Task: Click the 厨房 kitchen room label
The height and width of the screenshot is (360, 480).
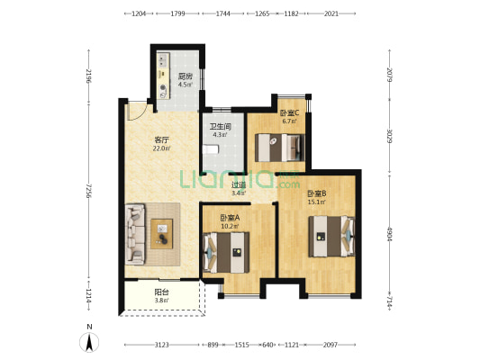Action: click(186, 76)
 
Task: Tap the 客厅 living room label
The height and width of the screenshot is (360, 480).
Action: click(161, 140)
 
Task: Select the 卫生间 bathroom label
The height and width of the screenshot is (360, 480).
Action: click(220, 126)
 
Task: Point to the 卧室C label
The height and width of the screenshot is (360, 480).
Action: click(289, 113)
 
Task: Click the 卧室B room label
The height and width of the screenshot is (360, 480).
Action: click(317, 193)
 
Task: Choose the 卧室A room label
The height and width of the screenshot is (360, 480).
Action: click(230, 218)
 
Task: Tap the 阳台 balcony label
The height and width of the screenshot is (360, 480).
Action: click(161, 292)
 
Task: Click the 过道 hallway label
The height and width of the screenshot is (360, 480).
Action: click(239, 185)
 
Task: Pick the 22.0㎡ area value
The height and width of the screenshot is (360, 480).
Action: click(161, 148)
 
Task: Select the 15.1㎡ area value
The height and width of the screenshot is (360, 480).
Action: click(317, 202)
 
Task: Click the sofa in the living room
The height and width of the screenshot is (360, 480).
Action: click(135, 234)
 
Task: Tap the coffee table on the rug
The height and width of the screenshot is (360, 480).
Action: click(161, 234)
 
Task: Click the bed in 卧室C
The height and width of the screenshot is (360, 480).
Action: click(280, 148)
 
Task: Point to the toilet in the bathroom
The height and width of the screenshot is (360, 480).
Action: click(211, 149)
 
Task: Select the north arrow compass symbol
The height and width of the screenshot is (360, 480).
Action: click(89, 342)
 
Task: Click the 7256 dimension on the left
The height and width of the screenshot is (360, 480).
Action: click(89, 191)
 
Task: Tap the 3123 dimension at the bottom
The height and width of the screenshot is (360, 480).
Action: click(161, 345)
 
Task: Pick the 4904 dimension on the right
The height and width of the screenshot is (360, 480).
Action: click(389, 234)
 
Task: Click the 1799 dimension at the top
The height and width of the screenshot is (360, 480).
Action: click(177, 13)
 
